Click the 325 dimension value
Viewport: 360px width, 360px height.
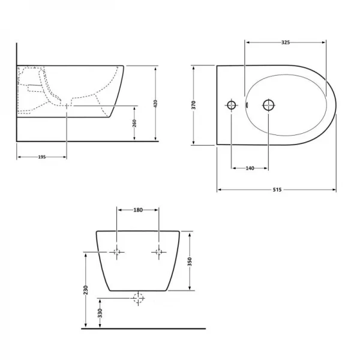(286, 43)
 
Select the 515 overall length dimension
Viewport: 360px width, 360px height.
(277, 190)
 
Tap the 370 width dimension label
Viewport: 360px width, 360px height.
(194, 105)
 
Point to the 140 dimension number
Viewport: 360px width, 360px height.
(250, 168)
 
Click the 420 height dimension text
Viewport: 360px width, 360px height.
(155, 104)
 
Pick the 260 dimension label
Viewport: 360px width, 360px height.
(134, 123)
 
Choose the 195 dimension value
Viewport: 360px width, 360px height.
(42, 157)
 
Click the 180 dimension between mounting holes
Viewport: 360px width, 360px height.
(138, 210)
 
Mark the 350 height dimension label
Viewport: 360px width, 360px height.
(190, 262)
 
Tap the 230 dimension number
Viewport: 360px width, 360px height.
(86, 290)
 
